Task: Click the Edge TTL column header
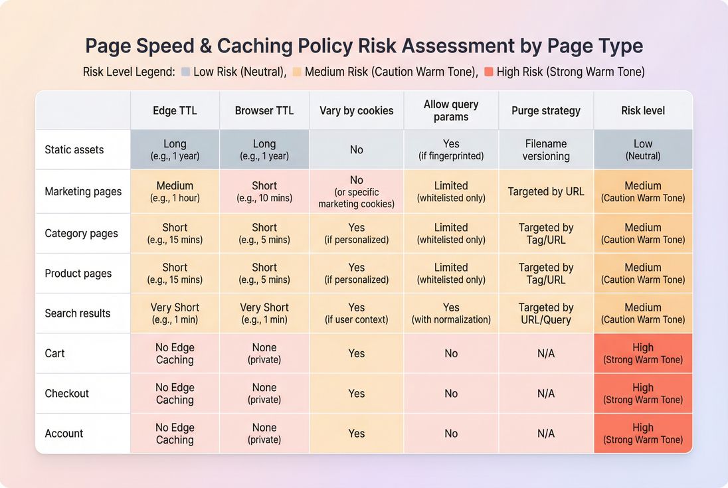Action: click(x=175, y=111)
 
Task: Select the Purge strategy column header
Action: click(x=546, y=111)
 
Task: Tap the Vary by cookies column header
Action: click(x=357, y=111)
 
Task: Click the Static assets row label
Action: click(x=74, y=150)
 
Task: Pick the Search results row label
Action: click(x=78, y=313)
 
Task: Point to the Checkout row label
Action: click(x=66, y=394)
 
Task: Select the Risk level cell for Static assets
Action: click(x=643, y=149)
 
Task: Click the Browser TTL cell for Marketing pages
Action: click(x=264, y=191)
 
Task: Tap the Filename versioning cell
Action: click(x=546, y=150)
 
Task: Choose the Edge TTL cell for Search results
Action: click(x=175, y=313)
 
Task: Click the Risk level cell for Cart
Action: click(x=643, y=353)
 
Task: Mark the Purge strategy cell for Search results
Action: click(x=546, y=313)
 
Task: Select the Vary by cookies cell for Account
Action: click(x=357, y=434)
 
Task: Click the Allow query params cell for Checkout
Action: click(x=451, y=394)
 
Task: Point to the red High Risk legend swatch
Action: click(x=489, y=72)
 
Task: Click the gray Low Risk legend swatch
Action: click(x=185, y=72)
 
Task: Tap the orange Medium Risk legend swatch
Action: click(x=297, y=72)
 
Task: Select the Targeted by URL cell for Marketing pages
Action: click(x=546, y=191)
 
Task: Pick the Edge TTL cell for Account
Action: click(x=175, y=434)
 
